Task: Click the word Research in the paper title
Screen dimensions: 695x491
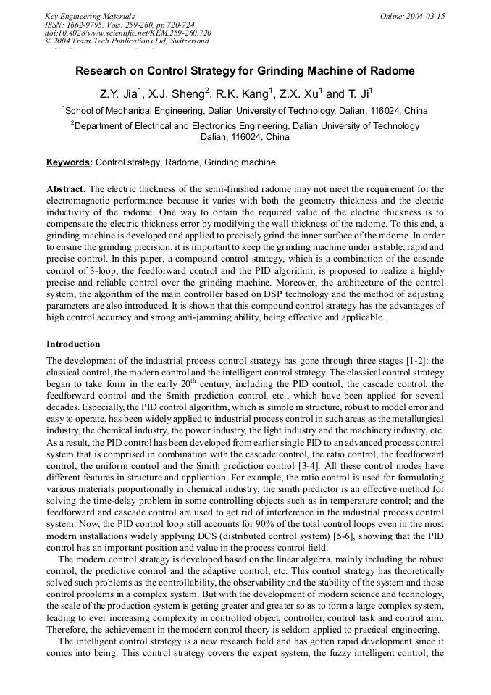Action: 101,71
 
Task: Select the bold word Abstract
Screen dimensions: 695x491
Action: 67,188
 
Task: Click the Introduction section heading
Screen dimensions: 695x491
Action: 73,344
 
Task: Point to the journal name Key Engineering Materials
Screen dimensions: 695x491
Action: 90,16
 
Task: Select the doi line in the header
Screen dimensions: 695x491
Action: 127,33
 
